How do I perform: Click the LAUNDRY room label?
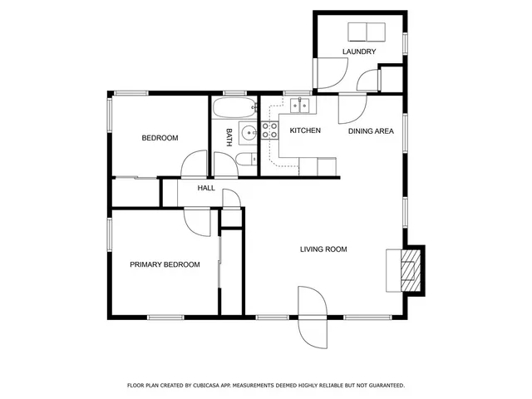pyautogui.click(x=359, y=52)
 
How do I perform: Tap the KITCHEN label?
pyautogui.click(x=305, y=131)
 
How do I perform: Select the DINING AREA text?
pyautogui.click(x=371, y=131)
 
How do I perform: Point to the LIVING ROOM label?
pyautogui.click(x=323, y=249)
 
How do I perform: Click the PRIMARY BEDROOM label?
pyautogui.click(x=165, y=264)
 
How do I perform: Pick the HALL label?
pyautogui.click(x=206, y=189)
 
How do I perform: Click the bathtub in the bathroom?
pyautogui.click(x=234, y=108)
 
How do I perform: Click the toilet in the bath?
pyautogui.click(x=244, y=160)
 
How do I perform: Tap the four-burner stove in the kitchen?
pyautogui.click(x=270, y=131)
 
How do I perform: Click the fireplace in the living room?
pyautogui.click(x=406, y=269)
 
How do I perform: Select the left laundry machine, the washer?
pyautogui.click(x=357, y=32)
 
